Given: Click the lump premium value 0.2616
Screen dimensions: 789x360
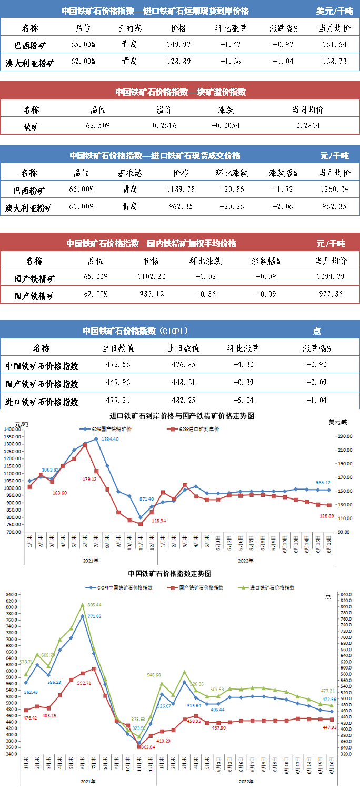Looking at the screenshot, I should pos(164,126).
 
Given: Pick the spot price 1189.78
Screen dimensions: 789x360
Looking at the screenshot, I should pos(180,189).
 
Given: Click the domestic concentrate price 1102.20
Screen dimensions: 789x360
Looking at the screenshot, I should pos(152,277).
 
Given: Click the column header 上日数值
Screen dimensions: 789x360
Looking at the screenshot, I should pos(184,348).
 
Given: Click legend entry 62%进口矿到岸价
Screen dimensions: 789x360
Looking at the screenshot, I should pos(199,429).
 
